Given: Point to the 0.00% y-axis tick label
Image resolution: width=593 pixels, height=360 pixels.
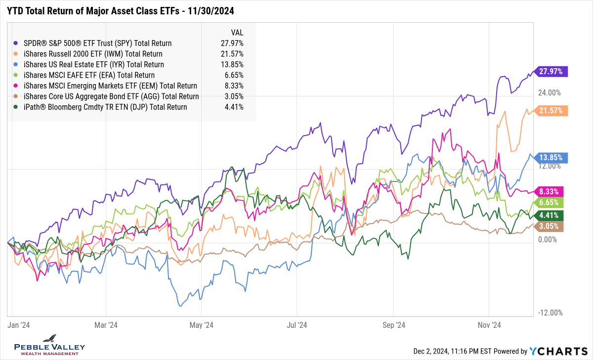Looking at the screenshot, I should click(551, 239).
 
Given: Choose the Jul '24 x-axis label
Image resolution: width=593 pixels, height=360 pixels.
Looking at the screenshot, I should click(297, 325).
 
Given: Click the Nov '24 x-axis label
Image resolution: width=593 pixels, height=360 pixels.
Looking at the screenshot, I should click(489, 325).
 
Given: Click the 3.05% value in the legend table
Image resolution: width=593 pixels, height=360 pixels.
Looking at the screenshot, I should click(232, 96).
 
